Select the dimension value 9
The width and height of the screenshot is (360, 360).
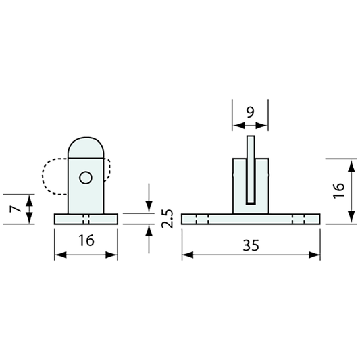[x=250, y=113]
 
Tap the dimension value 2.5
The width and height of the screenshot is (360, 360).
[x=168, y=219]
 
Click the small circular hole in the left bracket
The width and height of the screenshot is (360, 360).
[x=85, y=178]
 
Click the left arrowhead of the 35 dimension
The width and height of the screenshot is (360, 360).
[x=186, y=255]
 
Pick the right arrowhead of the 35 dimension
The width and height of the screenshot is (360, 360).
[x=315, y=255]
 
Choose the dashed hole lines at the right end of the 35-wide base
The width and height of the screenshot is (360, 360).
[x=299, y=219]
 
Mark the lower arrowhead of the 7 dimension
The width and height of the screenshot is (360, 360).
[x=29, y=219]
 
